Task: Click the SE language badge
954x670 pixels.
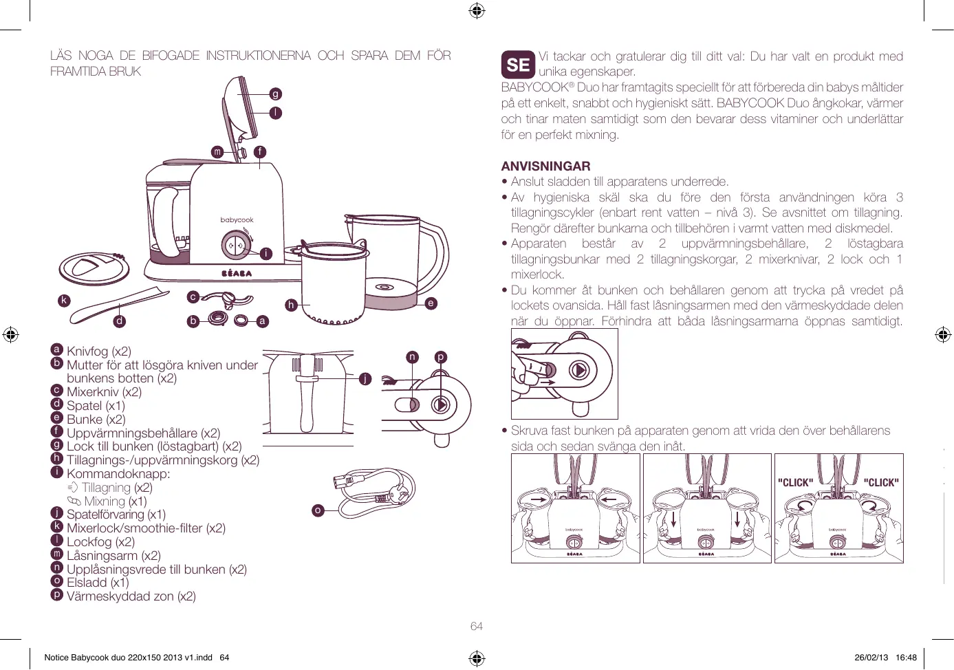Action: pos(518,65)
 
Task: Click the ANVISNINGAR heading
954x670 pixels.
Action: pos(545,166)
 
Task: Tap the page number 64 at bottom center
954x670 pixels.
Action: pos(477,626)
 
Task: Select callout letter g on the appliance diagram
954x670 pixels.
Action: pos(276,94)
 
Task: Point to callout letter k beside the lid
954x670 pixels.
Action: pos(64,300)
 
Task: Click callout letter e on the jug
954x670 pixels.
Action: pos(431,303)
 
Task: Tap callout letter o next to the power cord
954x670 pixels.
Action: pos(318,510)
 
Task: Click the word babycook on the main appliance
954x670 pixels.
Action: pos(237,220)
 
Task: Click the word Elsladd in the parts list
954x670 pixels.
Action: pos(87,583)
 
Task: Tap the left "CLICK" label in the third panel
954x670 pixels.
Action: pos(795,482)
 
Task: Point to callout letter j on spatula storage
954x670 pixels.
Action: pos(365,378)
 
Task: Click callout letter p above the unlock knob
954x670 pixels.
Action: pos(440,356)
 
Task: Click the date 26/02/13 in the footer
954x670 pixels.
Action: pos(871,657)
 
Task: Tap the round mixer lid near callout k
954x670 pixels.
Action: pos(94,268)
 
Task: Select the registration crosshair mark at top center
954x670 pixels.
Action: pos(477,10)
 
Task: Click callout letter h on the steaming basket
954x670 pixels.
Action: pos(291,305)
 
